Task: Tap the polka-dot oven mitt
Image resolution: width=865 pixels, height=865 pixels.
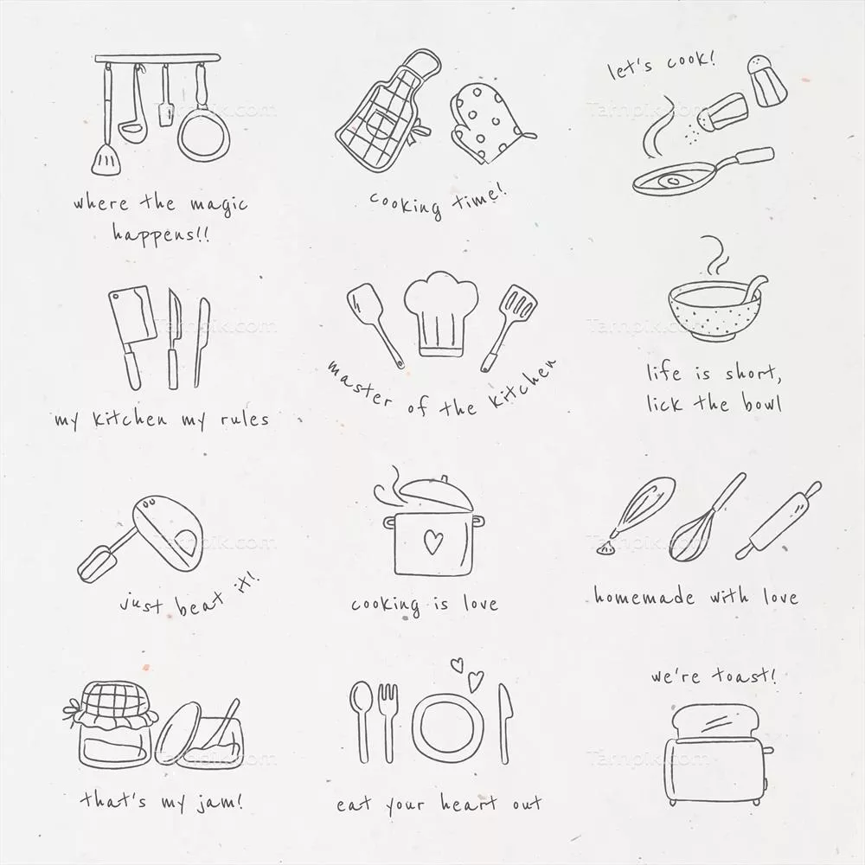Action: pos(486,124)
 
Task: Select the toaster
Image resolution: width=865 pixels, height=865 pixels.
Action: pos(718,757)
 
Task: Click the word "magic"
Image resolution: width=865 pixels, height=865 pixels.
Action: pos(219,205)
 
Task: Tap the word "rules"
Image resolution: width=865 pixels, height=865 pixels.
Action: pos(245,419)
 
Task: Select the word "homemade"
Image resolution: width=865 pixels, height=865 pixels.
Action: pos(644,596)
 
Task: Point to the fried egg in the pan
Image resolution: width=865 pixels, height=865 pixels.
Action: pos(672,181)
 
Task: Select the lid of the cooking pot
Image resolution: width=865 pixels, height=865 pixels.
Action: pos(436,494)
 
